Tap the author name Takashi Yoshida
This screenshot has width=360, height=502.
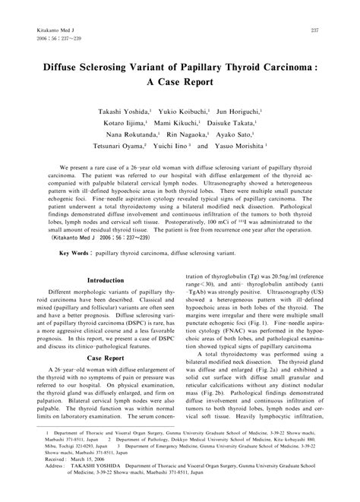point(134,110)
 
